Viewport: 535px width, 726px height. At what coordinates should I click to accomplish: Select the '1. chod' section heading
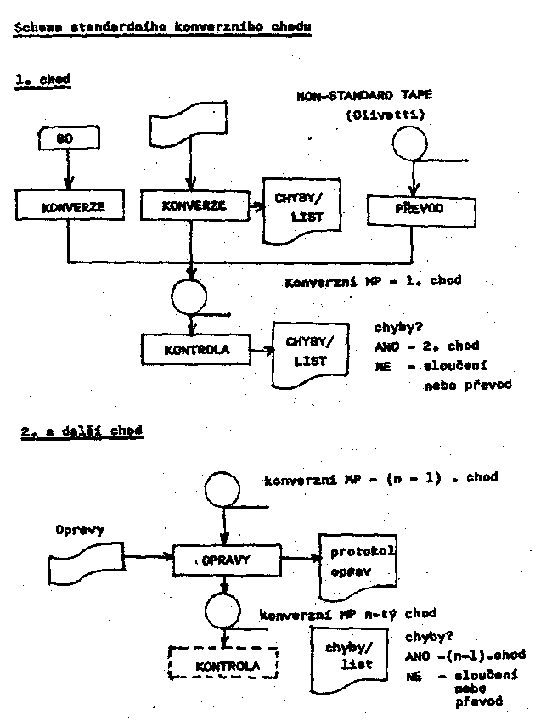point(42,80)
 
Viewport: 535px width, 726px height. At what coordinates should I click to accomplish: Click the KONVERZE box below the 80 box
point(67,205)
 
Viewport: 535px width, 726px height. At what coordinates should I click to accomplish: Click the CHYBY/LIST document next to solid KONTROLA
point(309,350)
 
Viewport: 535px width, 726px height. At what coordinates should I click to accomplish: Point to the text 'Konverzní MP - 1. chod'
point(374,280)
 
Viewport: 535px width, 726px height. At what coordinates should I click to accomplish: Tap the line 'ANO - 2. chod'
point(426,346)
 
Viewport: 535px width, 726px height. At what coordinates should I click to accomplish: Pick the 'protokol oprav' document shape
point(358,564)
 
